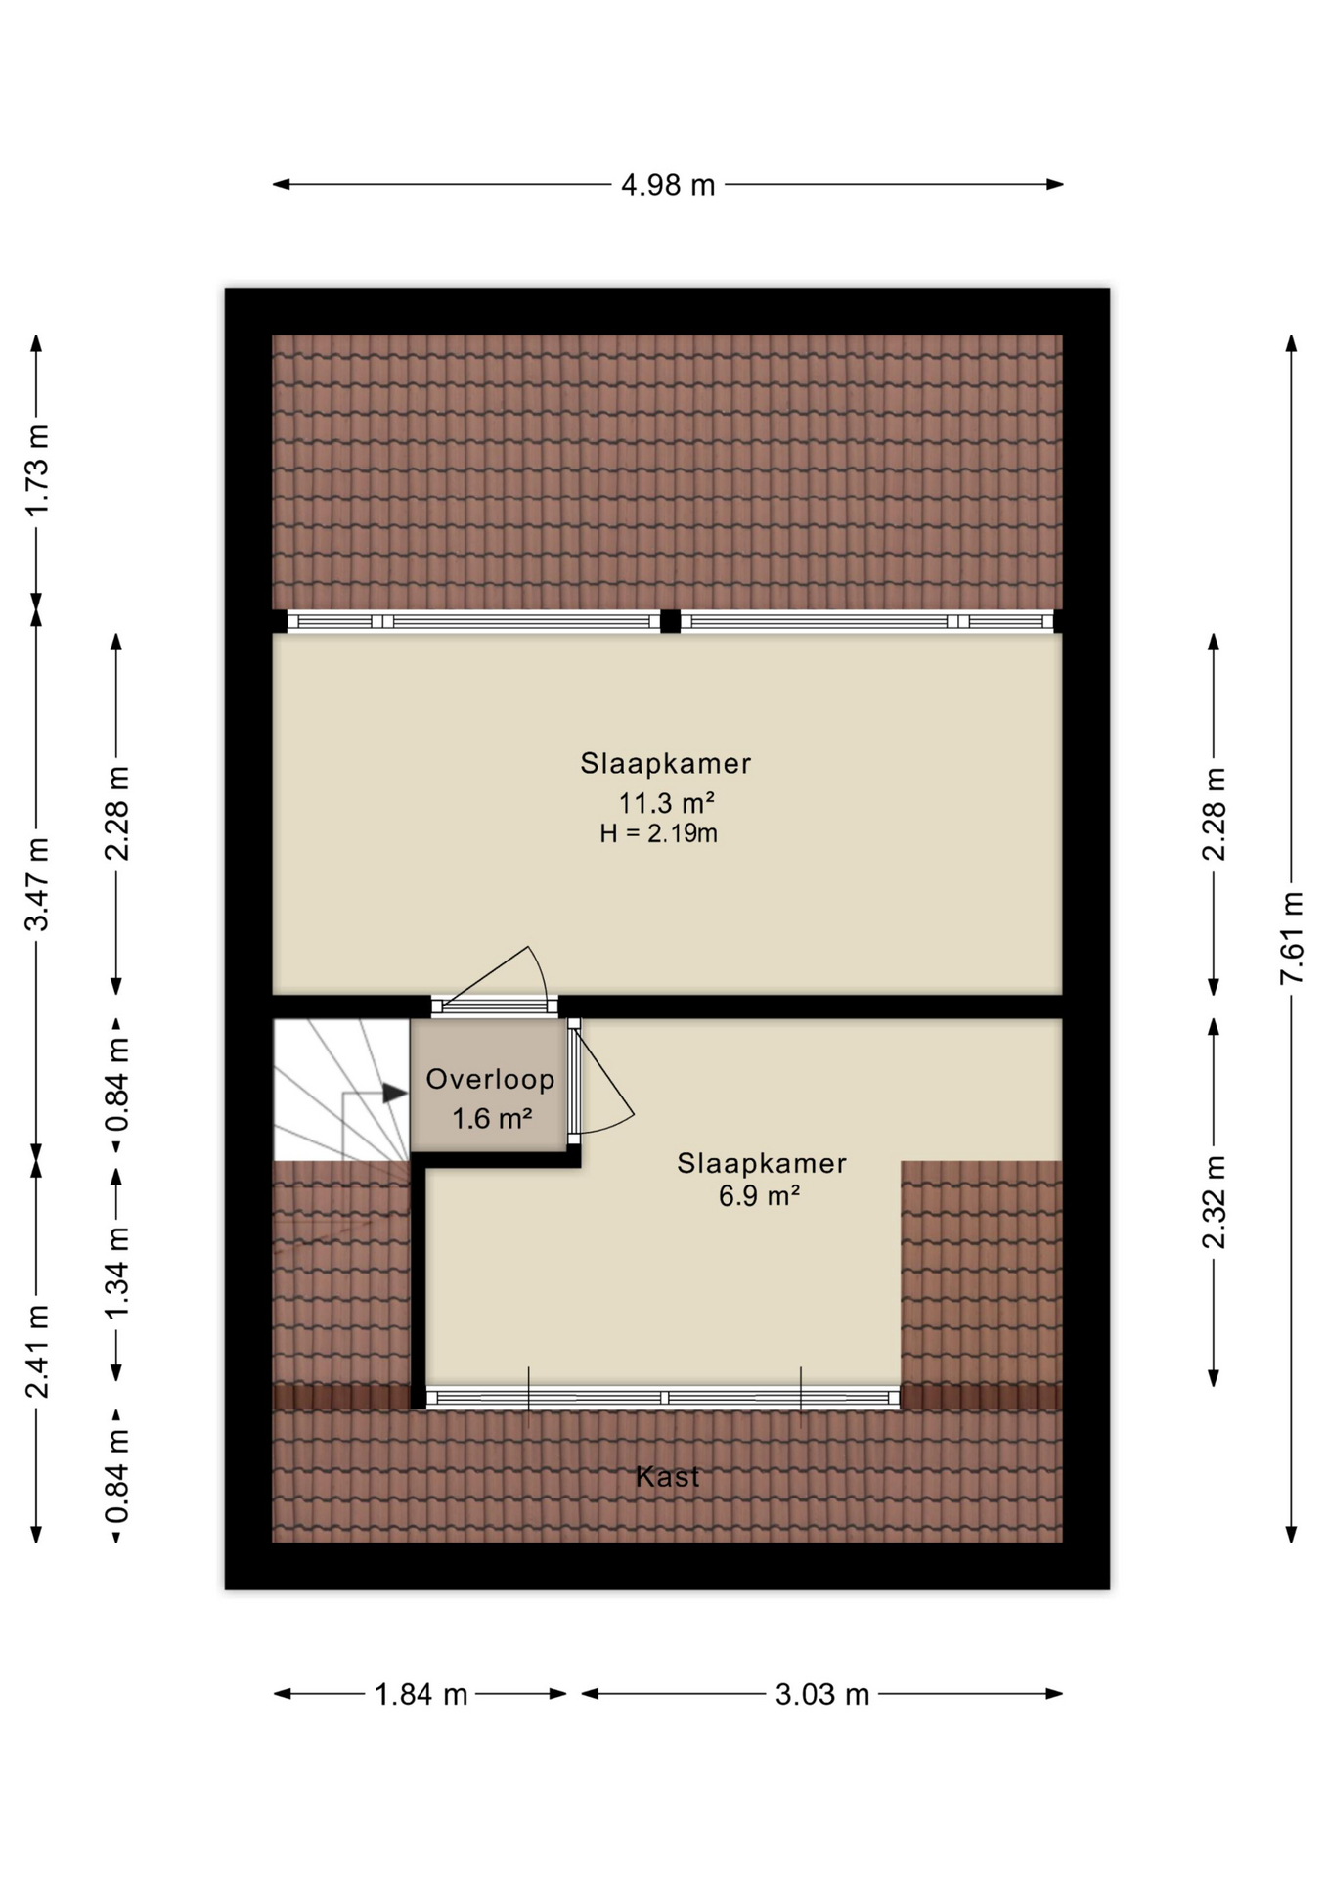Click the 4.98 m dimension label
668,185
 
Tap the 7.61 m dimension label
1292,939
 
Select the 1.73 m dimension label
36,470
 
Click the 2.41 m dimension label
36,1352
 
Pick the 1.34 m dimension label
116,1274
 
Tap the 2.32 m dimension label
1214,1202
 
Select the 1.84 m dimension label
421,1695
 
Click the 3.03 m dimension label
821,1695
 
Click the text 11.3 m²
666,804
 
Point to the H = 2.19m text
658,834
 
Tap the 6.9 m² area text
759,1196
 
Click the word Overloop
490,1080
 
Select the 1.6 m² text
491,1118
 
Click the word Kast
667,1477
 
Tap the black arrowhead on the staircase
394,1094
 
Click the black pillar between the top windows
670,621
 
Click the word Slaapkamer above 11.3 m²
665,764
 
